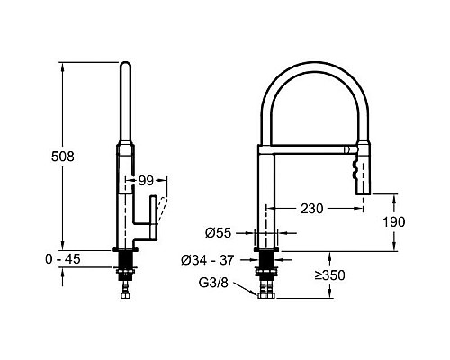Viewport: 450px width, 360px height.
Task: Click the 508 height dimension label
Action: pyautogui.click(x=63, y=157)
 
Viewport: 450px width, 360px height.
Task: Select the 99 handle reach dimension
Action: pyautogui.click(x=146, y=181)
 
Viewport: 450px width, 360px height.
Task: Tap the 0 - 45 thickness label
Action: pyautogui.click(x=63, y=259)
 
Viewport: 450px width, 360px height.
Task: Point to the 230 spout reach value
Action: pyautogui.click(x=312, y=209)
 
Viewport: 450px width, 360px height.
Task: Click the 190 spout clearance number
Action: pyautogui.click(x=394, y=222)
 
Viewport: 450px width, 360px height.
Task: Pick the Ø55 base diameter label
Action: pyautogui.click(x=219, y=233)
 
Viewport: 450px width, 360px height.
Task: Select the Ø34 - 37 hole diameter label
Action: pyautogui.click(x=207, y=260)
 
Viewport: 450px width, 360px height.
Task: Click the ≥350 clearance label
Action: pyautogui.click(x=330, y=275)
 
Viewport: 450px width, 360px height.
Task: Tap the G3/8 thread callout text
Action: pyautogui.click(x=213, y=283)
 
